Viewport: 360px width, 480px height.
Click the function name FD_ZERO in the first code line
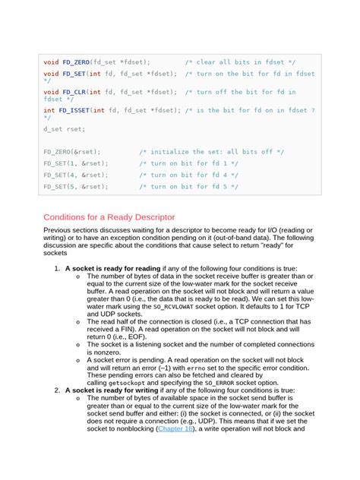pyautogui.click(x=75, y=61)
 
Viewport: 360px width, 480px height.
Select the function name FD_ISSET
pyautogui.click(x=74, y=110)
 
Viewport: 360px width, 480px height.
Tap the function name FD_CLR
pyautogui.click(x=73, y=92)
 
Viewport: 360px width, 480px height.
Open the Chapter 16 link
pyautogui.click(x=175, y=428)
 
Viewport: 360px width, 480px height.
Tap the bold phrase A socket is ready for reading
pyautogui.click(x=112, y=268)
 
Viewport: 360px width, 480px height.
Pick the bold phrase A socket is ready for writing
pyautogui.click(x=112, y=390)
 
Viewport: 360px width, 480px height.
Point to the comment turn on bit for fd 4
pyautogui.click(x=188, y=175)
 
